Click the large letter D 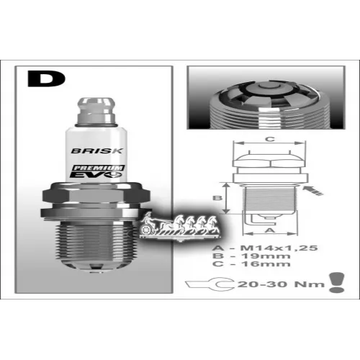(x=46, y=78)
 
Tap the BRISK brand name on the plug (x=97, y=150)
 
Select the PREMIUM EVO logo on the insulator (x=97, y=171)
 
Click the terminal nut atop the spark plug (x=96, y=111)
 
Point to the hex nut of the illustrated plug (x=96, y=195)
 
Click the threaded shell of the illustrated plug (x=96, y=240)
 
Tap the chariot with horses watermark (x=180, y=225)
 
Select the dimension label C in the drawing (x=270, y=139)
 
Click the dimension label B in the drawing (x=217, y=198)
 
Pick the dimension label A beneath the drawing (x=270, y=230)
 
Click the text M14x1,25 (x=279, y=248)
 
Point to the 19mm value (x=266, y=256)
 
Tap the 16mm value (x=266, y=264)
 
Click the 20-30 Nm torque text (x=281, y=284)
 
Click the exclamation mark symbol (x=337, y=282)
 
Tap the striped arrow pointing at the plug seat (x=312, y=191)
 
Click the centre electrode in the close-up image (x=270, y=89)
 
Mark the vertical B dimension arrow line (x=225, y=198)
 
